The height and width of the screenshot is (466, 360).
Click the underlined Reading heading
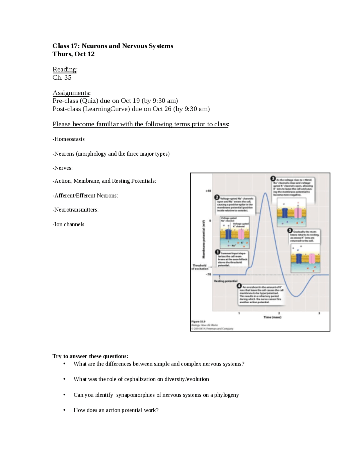64,69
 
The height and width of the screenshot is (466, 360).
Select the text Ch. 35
62,77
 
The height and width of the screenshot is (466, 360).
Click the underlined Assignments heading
71,93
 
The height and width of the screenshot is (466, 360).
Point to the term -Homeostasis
69,139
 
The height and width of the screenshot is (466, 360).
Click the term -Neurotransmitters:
75,210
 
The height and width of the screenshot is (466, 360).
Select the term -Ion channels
68,224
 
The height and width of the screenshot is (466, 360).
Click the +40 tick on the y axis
208,191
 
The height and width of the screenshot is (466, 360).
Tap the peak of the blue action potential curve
265,193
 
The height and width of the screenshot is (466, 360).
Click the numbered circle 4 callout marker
239,286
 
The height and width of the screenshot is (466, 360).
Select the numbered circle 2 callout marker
217,198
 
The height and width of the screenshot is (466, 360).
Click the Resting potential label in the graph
226,281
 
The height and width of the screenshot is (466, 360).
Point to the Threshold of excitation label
200,267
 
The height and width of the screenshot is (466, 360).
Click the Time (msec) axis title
272,317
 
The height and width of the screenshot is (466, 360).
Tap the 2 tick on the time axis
279,313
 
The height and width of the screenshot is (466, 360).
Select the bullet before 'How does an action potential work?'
64,410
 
